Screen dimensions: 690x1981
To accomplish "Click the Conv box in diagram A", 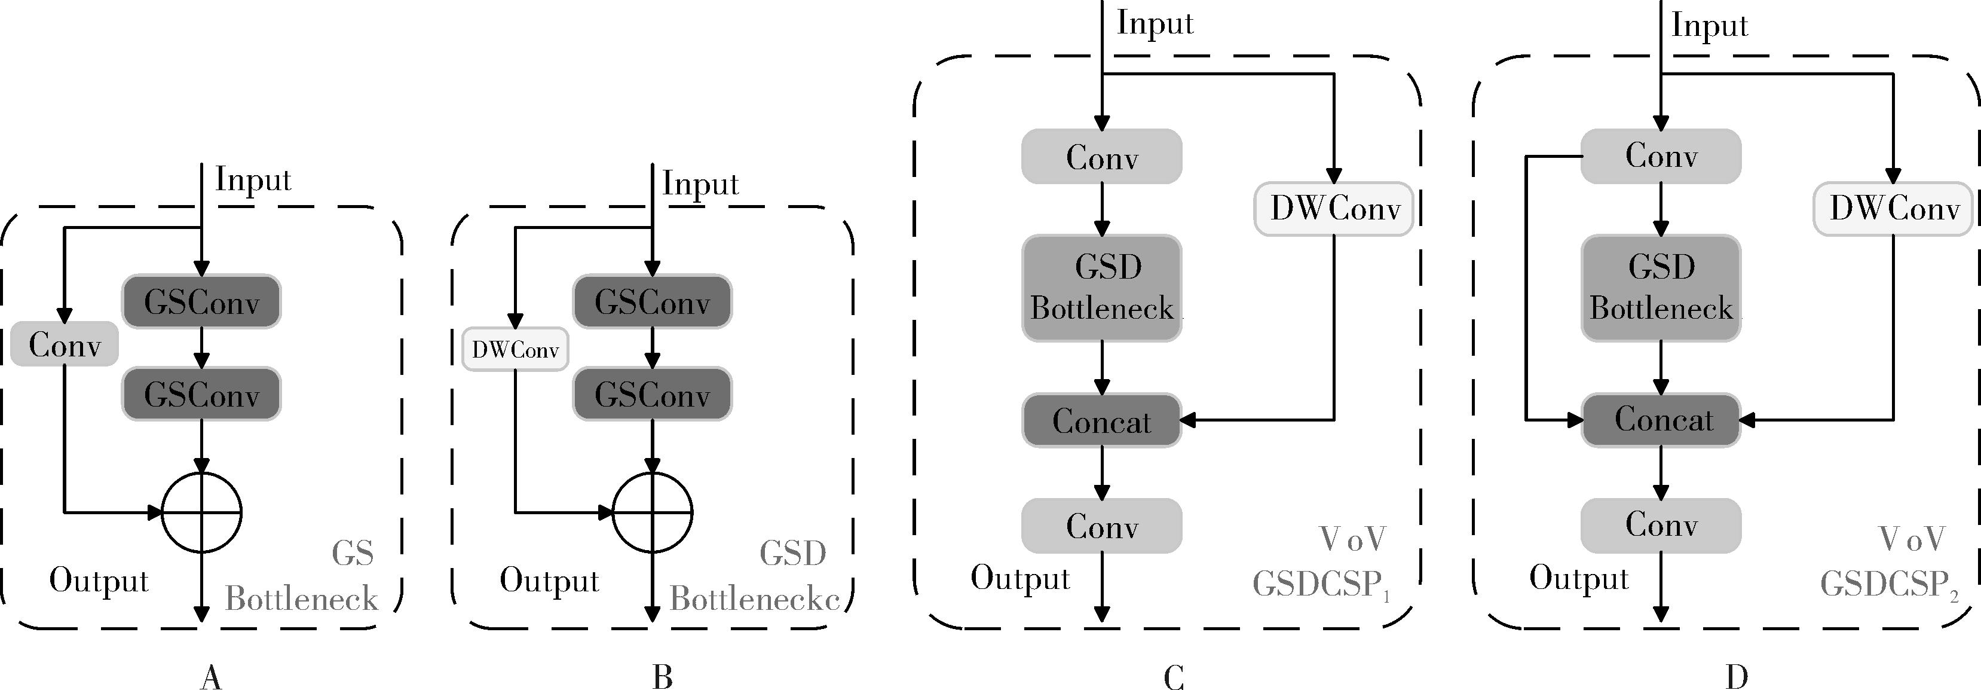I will point(65,344).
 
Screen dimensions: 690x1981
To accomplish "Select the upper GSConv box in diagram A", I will point(201,301).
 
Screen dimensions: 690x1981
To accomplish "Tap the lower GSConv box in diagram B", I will point(652,395).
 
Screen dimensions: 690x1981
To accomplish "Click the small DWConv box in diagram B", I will point(515,349).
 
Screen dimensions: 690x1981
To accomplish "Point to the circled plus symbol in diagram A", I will point(201,512).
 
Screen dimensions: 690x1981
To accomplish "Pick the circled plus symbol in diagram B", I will point(652,512).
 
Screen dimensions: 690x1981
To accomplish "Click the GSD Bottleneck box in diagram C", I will point(1101,288).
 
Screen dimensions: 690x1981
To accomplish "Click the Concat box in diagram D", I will point(1661,420).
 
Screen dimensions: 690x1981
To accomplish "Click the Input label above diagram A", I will point(253,179).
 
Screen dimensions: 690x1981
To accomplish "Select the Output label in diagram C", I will point(1019,578).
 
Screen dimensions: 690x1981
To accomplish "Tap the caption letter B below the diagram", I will point(662,677).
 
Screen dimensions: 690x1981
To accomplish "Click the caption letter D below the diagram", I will point(1737,677).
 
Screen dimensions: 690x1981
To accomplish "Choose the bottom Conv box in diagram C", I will point(1101,526).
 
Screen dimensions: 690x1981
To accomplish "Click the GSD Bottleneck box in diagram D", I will point(1661,288).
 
